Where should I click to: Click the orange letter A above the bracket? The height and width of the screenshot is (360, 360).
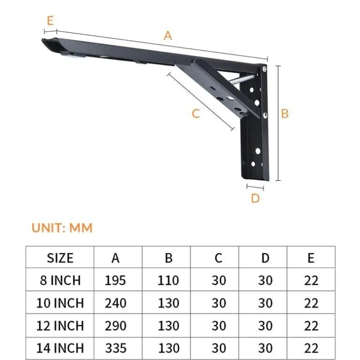point(168,36)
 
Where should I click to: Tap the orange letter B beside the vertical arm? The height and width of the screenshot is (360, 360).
point(285,114)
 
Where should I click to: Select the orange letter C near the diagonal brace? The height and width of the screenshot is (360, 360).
point(196,114)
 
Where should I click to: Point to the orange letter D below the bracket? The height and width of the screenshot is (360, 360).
point(255,198)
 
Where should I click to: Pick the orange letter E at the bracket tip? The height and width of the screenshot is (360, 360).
point(50,21)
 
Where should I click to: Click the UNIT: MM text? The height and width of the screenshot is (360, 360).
point(62,228)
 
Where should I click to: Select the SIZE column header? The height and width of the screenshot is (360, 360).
point(60,258)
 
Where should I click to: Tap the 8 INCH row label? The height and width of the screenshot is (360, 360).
point(60,281)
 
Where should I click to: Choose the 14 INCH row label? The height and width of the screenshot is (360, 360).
point(60,348)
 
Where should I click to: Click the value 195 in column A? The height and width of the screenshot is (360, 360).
point(115,281)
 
